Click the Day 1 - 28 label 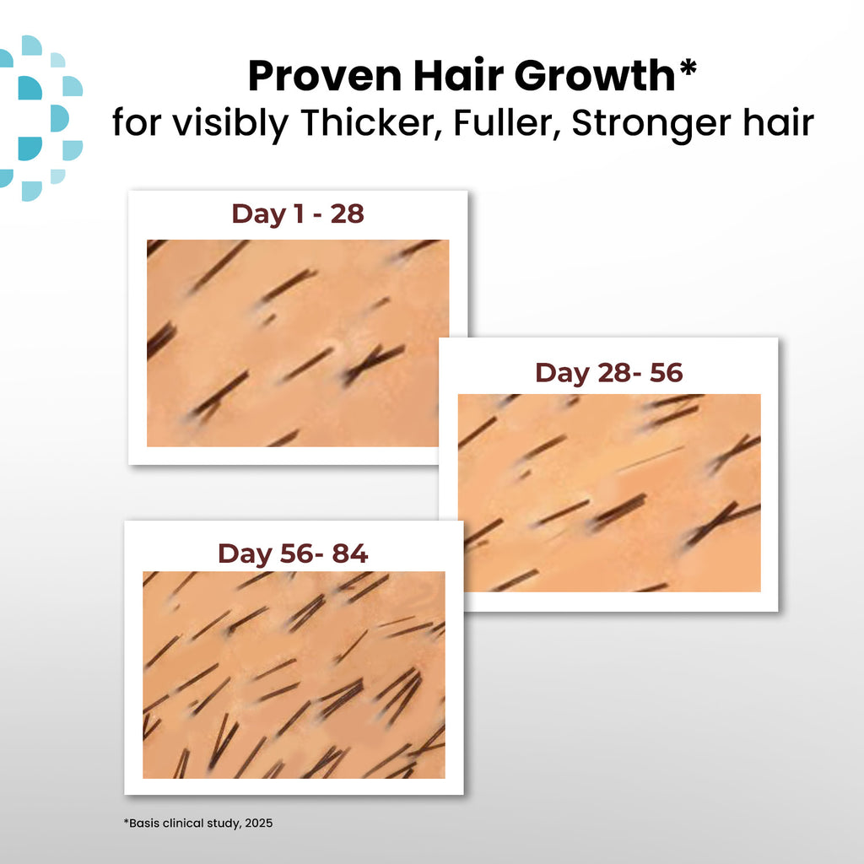298,214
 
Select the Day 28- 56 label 608,373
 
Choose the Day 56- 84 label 293,554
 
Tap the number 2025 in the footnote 258,823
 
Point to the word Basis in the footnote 142,823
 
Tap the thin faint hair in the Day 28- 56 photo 650,459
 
